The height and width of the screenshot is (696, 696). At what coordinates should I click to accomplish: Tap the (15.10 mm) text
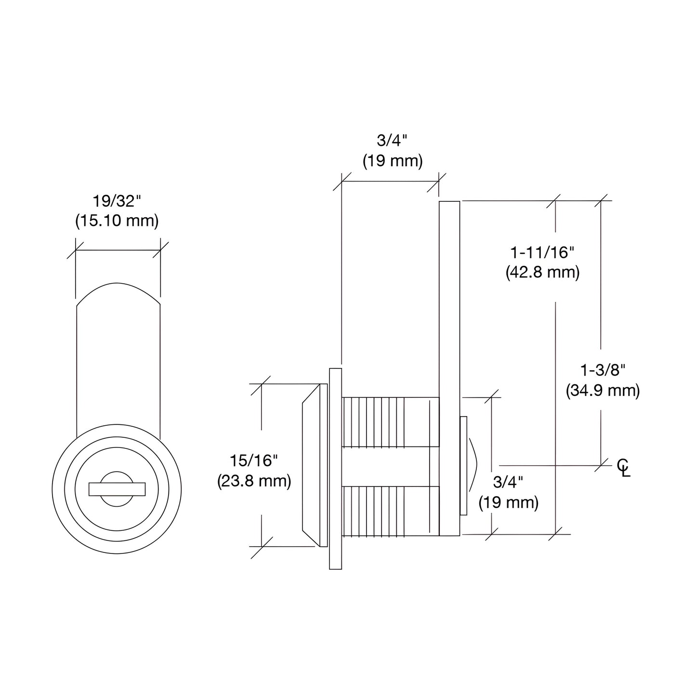pos(117,221)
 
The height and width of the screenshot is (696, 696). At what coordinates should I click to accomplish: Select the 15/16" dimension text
pos(254,460)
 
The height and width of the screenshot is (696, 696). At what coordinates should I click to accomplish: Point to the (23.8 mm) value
pos(254,481)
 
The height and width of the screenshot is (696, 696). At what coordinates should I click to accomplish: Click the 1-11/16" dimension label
pos(542,252)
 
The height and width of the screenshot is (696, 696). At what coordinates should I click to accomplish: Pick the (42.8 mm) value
pos(542,272)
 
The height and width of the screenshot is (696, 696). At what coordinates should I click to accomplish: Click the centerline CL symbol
pos(624,467)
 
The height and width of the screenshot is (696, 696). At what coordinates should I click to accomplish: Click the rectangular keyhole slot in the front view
pos(117,489)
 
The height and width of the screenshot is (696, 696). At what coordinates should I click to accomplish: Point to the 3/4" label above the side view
pos(392,141)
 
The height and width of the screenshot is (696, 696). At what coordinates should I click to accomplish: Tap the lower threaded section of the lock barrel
pos(385,511)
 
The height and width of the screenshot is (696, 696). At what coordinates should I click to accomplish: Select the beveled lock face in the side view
pos(311,465)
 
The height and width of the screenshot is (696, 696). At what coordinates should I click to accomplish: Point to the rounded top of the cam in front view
pos(118,289)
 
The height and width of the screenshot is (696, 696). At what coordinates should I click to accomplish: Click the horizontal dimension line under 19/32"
pos(118,250)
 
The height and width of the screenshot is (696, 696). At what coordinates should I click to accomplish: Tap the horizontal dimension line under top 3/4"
pos(390,182)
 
